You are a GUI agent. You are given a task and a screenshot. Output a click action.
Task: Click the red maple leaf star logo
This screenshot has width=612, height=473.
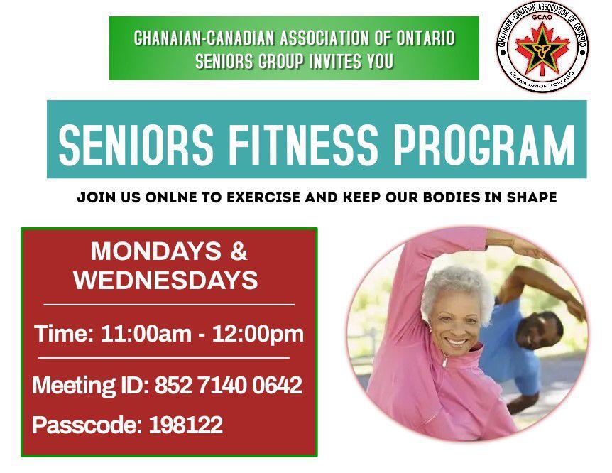(542, 48)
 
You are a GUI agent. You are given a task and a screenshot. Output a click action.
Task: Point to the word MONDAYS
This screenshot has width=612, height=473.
(156, 251)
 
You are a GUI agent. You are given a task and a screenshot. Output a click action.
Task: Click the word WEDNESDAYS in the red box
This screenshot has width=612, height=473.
(166, 280)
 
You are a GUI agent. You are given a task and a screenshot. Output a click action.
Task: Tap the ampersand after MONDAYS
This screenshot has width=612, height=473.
(239, 251)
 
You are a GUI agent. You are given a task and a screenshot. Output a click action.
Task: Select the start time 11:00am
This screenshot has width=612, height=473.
(146, 334)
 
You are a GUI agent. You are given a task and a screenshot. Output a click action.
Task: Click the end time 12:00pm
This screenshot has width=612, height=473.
(258, 335)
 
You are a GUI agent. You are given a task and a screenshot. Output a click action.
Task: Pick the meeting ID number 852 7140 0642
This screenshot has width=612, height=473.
(229, 385)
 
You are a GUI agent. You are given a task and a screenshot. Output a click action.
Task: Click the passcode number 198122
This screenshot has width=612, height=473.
(186, 425)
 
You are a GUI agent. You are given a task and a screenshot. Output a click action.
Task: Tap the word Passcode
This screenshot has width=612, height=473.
(87, 425)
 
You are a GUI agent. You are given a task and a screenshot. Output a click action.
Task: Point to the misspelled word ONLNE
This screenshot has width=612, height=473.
(171, 197)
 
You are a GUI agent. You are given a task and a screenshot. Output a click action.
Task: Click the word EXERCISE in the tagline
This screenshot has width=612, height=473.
(263, 197)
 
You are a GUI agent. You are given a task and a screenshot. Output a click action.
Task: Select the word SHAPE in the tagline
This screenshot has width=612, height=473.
(532, 197)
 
